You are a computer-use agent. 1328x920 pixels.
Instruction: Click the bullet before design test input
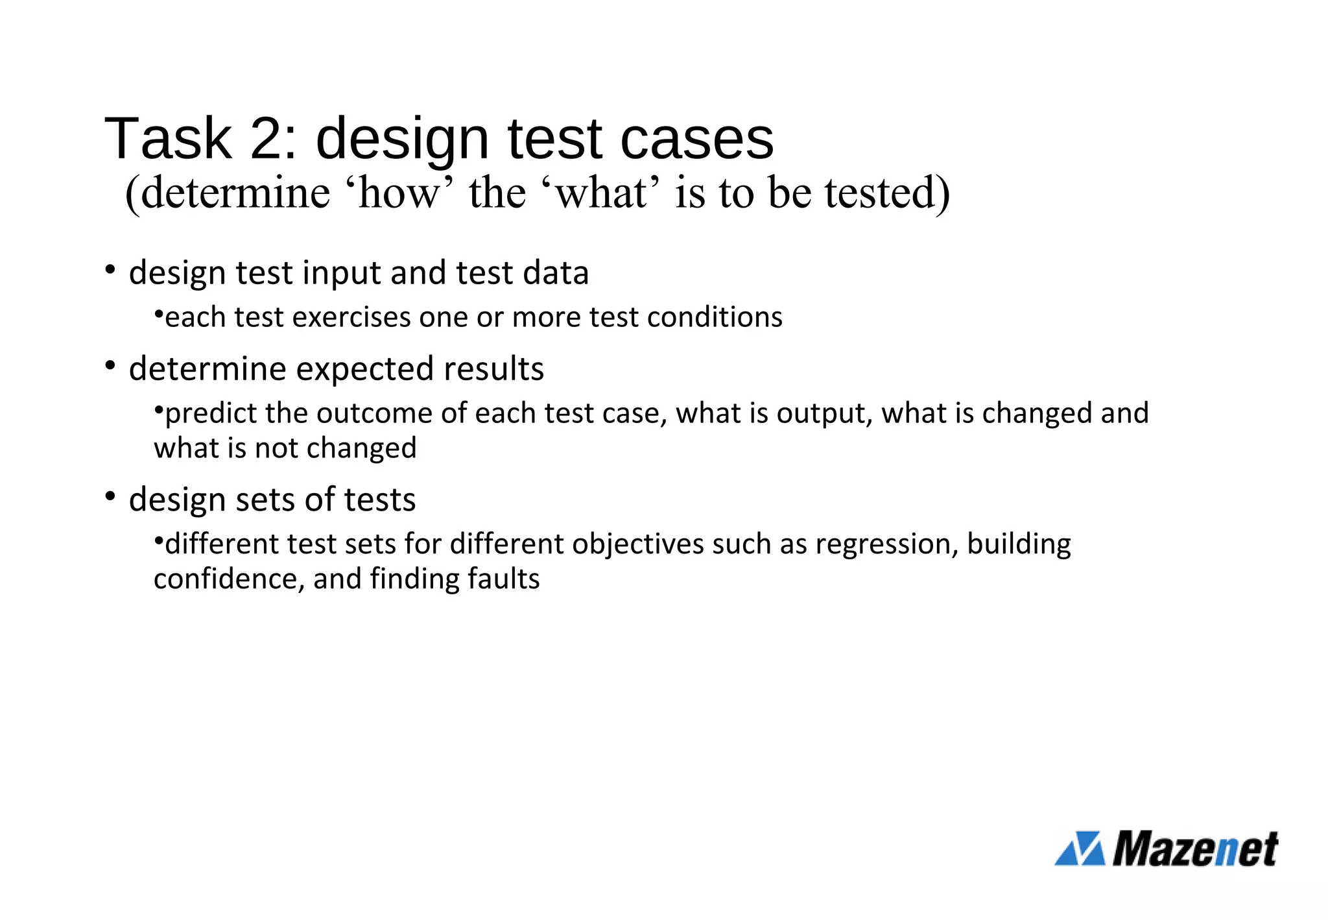(110, 269)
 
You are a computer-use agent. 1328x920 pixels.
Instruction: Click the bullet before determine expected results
(110, 365)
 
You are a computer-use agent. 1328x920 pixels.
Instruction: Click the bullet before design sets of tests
(110, 496)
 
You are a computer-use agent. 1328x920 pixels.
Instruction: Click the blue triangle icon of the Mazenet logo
(1080, 848)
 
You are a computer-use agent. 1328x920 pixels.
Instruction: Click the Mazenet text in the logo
(1196, 848)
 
